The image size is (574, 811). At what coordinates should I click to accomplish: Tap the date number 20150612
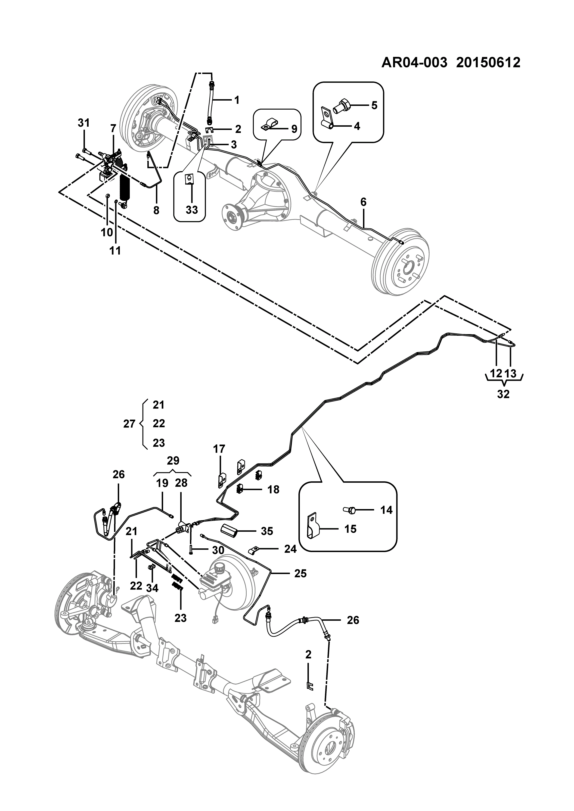(488, 63)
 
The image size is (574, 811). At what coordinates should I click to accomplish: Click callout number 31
(84, 123)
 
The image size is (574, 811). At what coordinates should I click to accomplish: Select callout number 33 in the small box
(192, 210)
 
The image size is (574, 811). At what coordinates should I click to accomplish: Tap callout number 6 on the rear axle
(363, 202)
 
